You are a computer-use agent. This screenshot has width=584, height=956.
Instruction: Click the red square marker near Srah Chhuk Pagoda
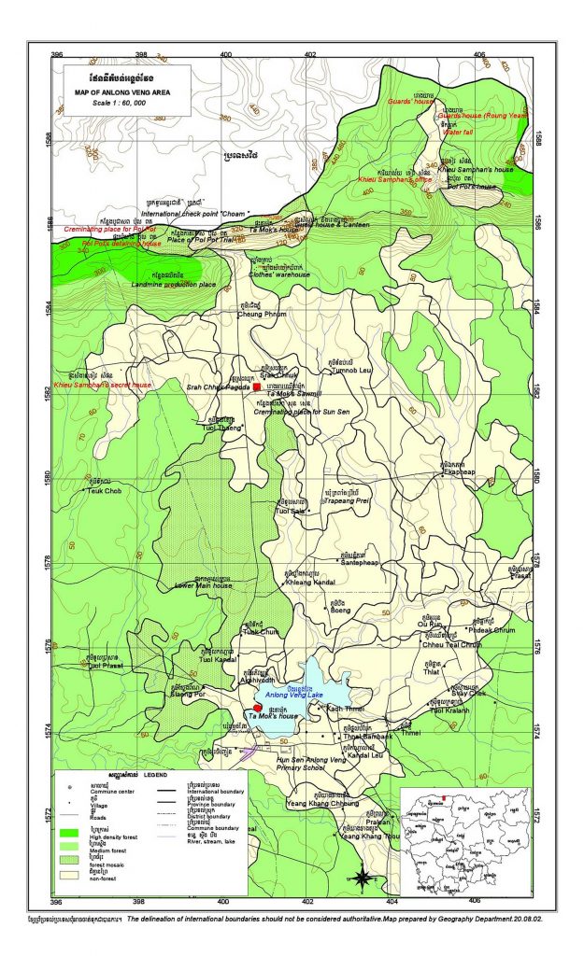coord(257,387)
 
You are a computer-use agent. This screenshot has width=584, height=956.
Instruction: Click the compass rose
coord(362,876)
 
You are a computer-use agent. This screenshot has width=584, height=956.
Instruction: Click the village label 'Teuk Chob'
coord(105,490)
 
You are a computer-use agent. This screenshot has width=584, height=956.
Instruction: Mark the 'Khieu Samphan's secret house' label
coord(102,385)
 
